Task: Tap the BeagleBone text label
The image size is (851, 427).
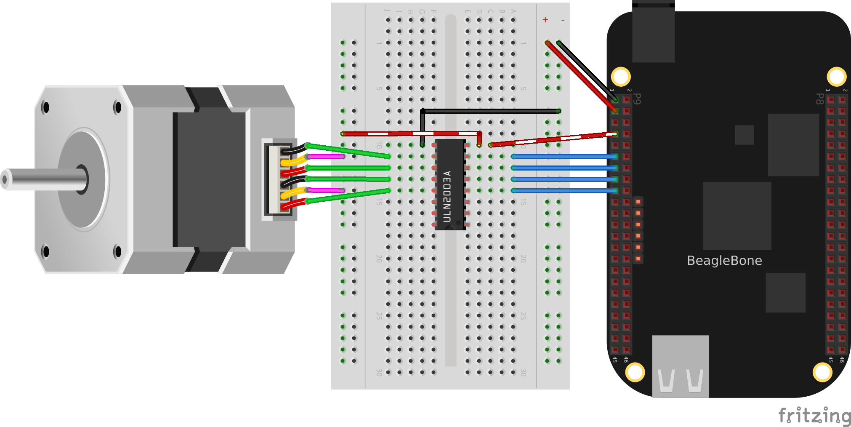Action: click(x=724, y=261)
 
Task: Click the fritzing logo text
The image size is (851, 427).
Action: click(x=814, y=416)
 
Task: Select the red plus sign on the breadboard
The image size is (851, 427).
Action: click(x=545, y=20)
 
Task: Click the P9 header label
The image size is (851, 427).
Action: click(x=637, y=99)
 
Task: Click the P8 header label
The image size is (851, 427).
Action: click(x=819, y=99)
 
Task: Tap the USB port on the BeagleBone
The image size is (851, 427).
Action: click(x=680, y=366)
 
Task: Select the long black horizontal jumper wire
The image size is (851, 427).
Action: click(x=490, y=111)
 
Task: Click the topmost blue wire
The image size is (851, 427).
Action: click(x=564, y=157)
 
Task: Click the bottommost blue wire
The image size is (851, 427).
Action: click(x=564, y=191)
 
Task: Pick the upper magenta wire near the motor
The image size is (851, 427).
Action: click(x=325, y=157)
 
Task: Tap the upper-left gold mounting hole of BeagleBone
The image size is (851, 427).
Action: click(x=621, y=77)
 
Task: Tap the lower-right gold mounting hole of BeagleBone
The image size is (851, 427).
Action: click(x=822, y=372)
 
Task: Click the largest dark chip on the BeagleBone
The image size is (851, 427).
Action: click(x=737, y=216)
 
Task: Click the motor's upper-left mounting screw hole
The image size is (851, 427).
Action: click(x=45, y=107)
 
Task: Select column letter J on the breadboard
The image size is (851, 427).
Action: click(x=388, y=11)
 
